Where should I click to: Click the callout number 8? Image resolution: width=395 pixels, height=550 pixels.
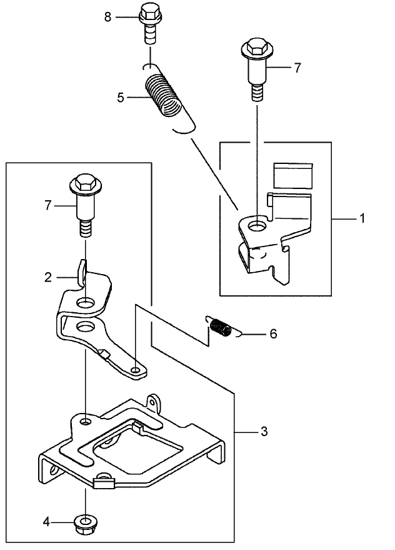[x=108, y=17]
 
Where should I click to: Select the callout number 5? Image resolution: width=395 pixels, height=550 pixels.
[x=121, y=97]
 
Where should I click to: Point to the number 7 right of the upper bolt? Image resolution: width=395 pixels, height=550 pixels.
[x=297, y=68]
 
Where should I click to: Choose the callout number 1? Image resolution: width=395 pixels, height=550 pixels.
[x=361, y=219]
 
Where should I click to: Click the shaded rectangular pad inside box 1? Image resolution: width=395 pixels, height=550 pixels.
[x=293, y=175]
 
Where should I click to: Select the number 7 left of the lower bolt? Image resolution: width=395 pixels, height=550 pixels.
[x=46, y=205]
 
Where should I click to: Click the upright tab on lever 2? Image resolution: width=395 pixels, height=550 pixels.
[x=81, y=271]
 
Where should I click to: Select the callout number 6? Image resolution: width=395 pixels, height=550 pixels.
[x=272, y=334]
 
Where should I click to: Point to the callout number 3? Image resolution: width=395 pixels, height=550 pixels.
[x=264, y=431]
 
